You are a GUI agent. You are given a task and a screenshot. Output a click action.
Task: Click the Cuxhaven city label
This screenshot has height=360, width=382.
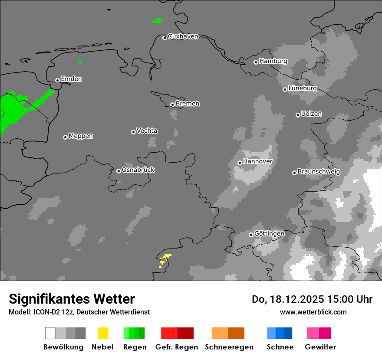pos(183,36)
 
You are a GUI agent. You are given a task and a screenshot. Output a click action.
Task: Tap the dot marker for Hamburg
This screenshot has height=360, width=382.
pos(256,62)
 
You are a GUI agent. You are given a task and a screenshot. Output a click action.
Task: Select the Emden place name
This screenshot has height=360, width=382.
pos(71,79)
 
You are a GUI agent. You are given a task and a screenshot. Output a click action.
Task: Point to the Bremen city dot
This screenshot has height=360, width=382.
pos(172,105)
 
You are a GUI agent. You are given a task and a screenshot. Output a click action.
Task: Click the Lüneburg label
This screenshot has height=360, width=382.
pos(303,88)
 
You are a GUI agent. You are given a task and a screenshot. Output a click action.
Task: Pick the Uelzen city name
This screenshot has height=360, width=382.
pos(311,114)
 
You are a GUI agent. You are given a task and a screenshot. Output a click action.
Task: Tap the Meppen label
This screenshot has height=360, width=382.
pos(81,136)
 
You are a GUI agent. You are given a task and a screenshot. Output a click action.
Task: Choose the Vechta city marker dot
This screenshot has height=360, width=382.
pos(133,132)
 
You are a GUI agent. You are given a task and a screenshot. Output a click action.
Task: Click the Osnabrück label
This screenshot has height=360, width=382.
pos(138,170)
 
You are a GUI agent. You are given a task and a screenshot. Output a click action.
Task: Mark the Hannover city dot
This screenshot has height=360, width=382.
pos(240,163)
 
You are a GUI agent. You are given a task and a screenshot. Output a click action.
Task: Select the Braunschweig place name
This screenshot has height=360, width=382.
pos(319,171)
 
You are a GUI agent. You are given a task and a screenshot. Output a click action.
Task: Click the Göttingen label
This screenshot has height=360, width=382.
pos(269,233)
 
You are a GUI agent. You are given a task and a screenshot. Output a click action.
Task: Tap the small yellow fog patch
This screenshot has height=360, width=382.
pos(165,259)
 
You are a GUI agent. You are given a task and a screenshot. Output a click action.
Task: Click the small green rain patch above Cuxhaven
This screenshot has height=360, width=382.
pos(157,20)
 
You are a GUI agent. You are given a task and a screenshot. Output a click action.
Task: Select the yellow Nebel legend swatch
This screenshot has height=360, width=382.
pos(103,333)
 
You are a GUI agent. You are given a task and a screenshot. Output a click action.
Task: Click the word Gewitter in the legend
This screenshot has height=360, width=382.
pos(320,347)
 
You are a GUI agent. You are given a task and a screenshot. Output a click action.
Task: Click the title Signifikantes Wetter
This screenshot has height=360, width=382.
pos(72,299)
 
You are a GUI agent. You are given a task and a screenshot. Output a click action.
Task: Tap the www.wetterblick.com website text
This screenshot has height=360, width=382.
pos(313,312)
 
